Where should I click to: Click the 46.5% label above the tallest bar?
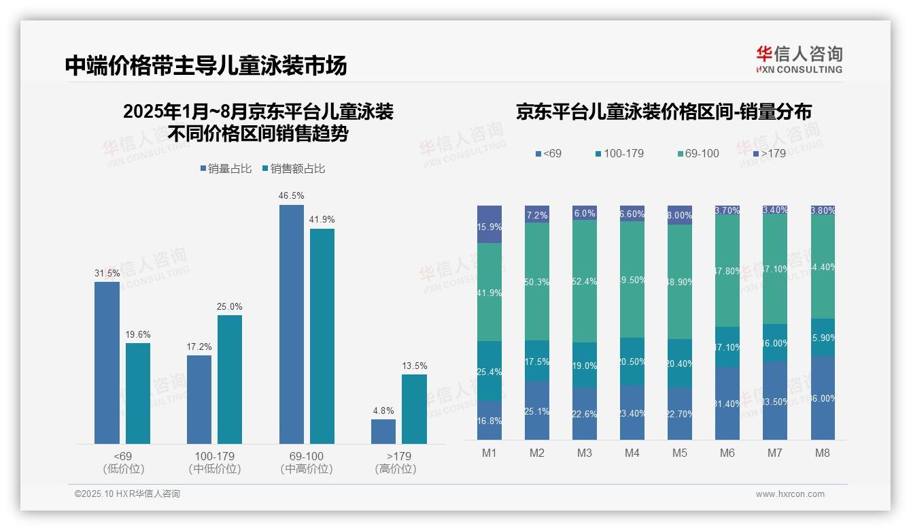[x=291, y=196]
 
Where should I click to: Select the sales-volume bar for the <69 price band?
[x=107, y=362]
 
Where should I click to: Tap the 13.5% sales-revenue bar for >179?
[x=414, y=408]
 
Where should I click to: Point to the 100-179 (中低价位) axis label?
[x=215, y=462]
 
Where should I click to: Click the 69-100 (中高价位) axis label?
[x=307, y=462]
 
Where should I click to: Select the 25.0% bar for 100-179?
[x=230, y=379]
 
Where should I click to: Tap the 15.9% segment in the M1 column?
[x=489, y=225]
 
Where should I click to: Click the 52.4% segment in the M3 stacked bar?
[x=585, y=280]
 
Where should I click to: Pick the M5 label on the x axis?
[x=679, y=453]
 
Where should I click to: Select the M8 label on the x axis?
[x=823, y=453]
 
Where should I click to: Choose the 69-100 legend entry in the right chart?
[x=697, y=154]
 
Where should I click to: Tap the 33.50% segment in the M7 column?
[x=775, y=400]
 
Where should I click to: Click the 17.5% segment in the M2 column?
[x=537, y=361]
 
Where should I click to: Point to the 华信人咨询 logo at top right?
[x=799, y=59]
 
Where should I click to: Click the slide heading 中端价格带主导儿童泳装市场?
[x=206, y=65]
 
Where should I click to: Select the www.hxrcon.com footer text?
[x=790, y=494]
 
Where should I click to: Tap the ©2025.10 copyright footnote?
[x=127, y=494]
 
